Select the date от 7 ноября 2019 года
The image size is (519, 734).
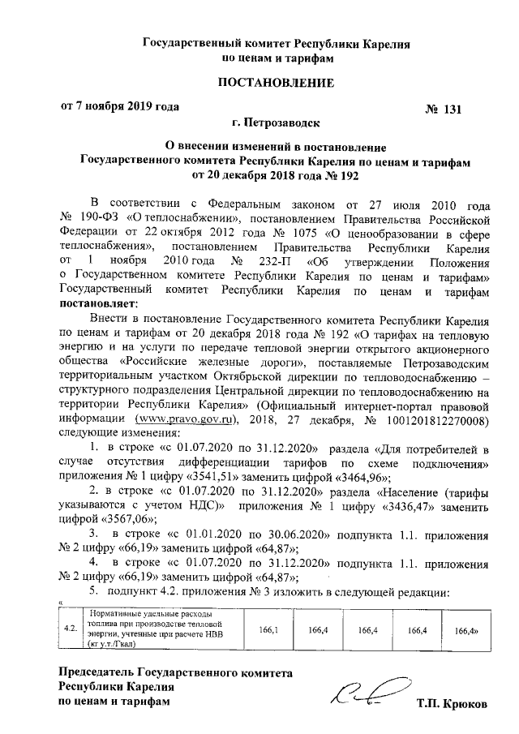point(120,106)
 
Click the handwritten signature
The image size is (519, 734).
point(362,691)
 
